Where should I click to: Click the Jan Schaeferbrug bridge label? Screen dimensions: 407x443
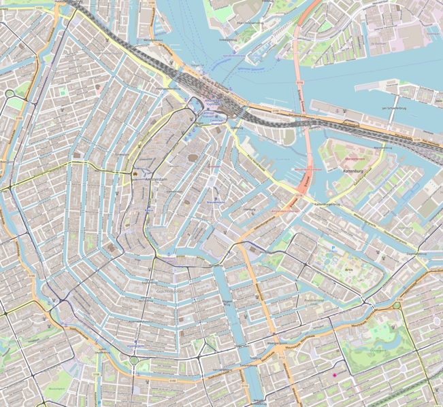(x=394, y=108)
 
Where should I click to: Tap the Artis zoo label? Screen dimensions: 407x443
(x=349, y=269)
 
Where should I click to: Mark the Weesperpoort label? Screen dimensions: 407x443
(x=279, y=344)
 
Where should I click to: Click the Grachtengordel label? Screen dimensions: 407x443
(x=157, y=291)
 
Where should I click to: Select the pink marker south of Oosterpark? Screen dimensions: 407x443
(x=334, y=374)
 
